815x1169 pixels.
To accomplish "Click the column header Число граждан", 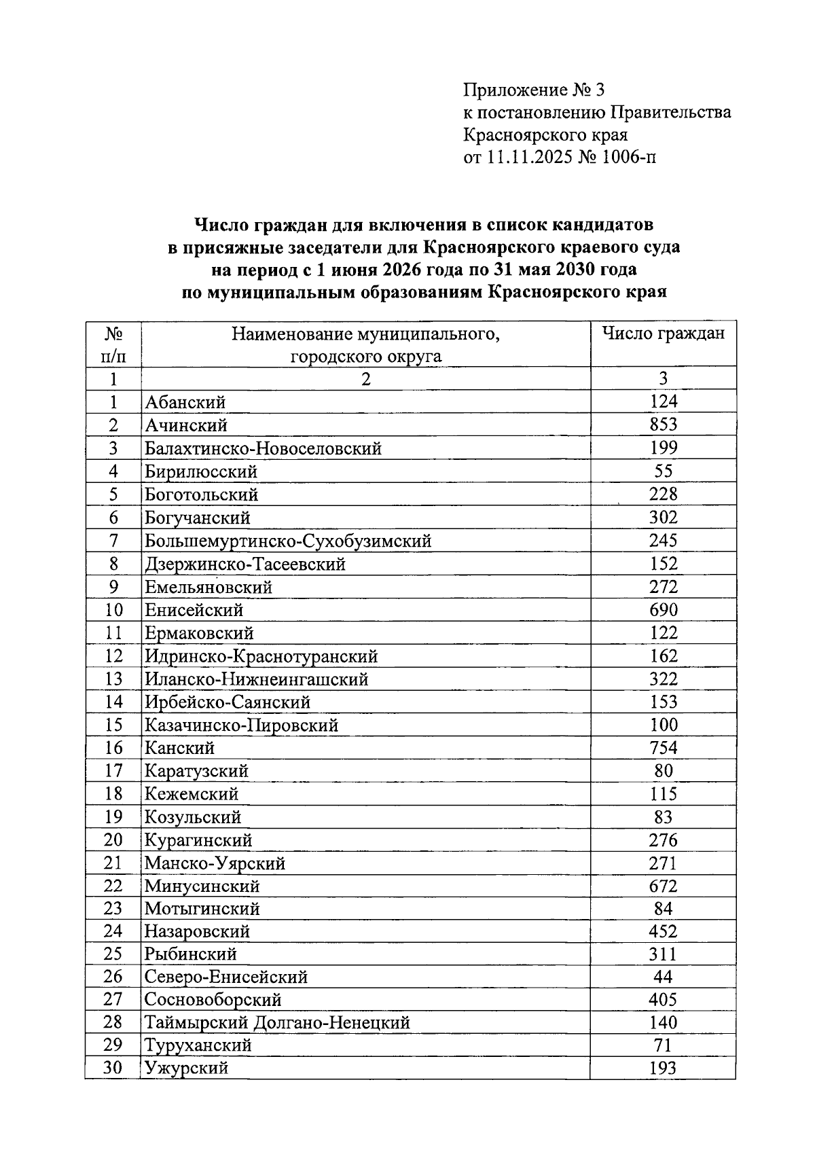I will (663, 334).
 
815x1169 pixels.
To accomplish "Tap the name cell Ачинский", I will (186, 426).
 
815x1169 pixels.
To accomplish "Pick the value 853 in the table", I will (663, 425).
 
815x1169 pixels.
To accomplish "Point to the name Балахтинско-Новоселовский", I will (263, 449).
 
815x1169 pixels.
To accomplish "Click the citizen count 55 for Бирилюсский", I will (663, 471).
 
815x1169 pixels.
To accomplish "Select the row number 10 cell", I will (113, 610).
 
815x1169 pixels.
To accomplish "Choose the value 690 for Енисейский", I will (663, 610).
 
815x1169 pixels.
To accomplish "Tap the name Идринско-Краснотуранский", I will (261, 656).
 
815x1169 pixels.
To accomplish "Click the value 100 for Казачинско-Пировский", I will (663, 725).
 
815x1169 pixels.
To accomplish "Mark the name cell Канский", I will (179, 749).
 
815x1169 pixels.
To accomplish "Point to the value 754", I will (663, 748).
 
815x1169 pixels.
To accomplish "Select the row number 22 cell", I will (113, 886).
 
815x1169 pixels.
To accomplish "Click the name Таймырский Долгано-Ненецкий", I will (277, 1023).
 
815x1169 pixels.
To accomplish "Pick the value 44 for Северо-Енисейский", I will (663, 977).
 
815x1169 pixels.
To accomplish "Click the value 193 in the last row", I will (663, 1068).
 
